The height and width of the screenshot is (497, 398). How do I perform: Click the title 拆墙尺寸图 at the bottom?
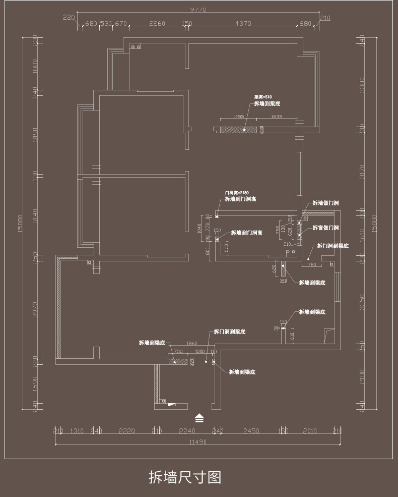[x=185, y=477]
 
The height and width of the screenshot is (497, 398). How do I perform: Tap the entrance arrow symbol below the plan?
[x=200, y=418]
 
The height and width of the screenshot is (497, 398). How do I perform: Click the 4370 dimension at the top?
[x=243, y=24]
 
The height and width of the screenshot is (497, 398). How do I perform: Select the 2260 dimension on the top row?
[x=157, y=24]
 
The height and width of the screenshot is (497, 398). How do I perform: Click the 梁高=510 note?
[x=262, y=96]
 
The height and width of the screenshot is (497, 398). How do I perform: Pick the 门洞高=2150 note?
[x=236, y=193]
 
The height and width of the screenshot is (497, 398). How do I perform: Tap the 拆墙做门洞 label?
[x=325, y=203]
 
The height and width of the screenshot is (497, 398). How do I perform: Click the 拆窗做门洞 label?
[x=325, y=228]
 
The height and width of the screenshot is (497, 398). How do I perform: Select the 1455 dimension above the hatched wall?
[x=238, y=117]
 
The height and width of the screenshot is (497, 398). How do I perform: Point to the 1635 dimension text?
[x=277, y=117]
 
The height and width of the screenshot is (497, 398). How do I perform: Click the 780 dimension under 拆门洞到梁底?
[x=311, y=264]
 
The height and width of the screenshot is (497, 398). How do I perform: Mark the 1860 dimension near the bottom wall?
[x=191, y=343]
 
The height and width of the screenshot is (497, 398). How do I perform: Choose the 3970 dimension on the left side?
[x=35, y=310]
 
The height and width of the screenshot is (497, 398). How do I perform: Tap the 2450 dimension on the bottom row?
[x=251, y=431]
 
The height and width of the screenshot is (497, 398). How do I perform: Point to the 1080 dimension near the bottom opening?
[x=200, y=351]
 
